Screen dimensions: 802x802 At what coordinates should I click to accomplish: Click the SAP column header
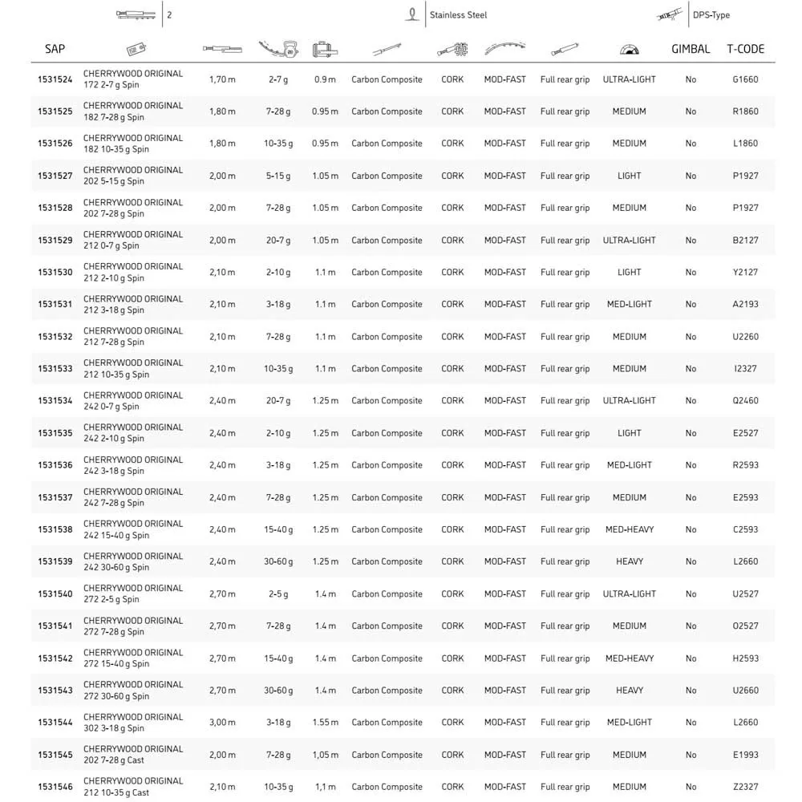coord(55,49)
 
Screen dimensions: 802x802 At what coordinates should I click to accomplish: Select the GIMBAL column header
coord(691,49)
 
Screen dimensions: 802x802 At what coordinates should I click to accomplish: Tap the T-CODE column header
coord(745,49)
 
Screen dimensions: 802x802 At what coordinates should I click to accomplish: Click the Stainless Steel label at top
coord(457,15)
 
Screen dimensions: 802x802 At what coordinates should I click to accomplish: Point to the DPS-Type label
coord(711,15)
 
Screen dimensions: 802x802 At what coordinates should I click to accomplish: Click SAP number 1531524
coord(55,79)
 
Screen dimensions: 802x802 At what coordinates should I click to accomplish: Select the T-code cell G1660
coord(745,79)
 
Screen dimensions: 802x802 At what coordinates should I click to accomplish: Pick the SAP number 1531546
coord(55,787)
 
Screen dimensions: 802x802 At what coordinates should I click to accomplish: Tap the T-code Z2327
coord(745,787)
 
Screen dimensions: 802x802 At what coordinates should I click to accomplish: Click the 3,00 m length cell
coord(222,723)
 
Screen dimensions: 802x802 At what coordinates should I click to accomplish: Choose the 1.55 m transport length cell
coord(325,723)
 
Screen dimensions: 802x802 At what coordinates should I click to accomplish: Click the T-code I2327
coord(745,369)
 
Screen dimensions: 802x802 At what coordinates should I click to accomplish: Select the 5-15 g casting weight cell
coord(278,176)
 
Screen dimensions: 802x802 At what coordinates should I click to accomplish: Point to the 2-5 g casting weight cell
coord(278,594)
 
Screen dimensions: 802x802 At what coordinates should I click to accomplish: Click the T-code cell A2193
coord(745,304)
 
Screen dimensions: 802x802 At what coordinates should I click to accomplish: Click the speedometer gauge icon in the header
coord(629,50)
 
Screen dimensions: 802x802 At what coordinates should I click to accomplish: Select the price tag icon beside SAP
coord(136,49)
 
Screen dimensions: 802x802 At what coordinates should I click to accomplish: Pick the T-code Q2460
coord(745,401)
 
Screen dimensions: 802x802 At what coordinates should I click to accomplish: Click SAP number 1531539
coord(55,561)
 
